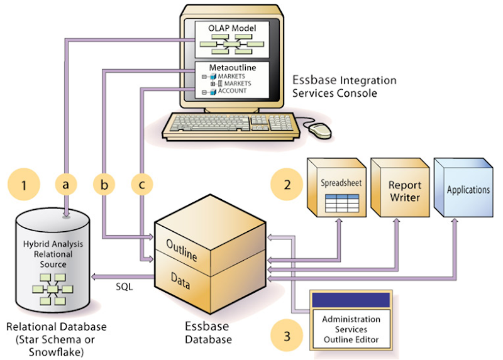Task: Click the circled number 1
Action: point(24,185)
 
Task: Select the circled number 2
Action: point(287,185)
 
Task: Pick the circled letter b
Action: point(104,185)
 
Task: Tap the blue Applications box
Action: point(466,188)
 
